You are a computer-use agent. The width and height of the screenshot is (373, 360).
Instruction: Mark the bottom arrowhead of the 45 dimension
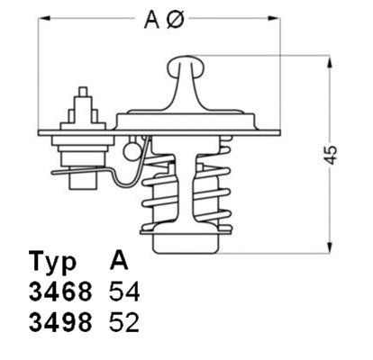click(x=331, y=248)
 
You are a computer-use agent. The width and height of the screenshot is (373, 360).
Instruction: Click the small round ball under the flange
click(x=134, y=143)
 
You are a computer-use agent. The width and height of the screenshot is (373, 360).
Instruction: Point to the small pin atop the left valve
click(x=83, y=93)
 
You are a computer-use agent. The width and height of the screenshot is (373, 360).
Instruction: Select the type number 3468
click(x=59, y=294)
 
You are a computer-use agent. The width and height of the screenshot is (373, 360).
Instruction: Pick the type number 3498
click(x=59, y=323)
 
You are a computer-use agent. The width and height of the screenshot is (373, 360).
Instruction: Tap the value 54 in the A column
click(x=124, y=294)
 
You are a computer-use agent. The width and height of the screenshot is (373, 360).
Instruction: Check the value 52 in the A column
click(x=124, y=323)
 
